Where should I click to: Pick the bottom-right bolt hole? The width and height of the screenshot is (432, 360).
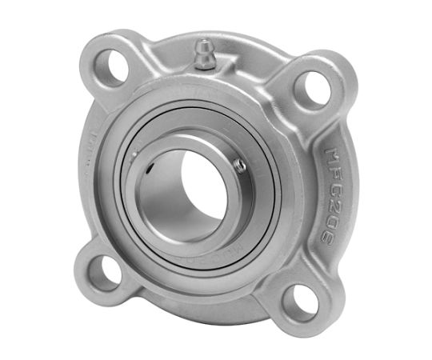(x=301, y=303)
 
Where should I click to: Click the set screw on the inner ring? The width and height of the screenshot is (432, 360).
(x=238, y=165)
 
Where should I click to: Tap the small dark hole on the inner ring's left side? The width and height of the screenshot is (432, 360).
(x=150, y=168)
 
